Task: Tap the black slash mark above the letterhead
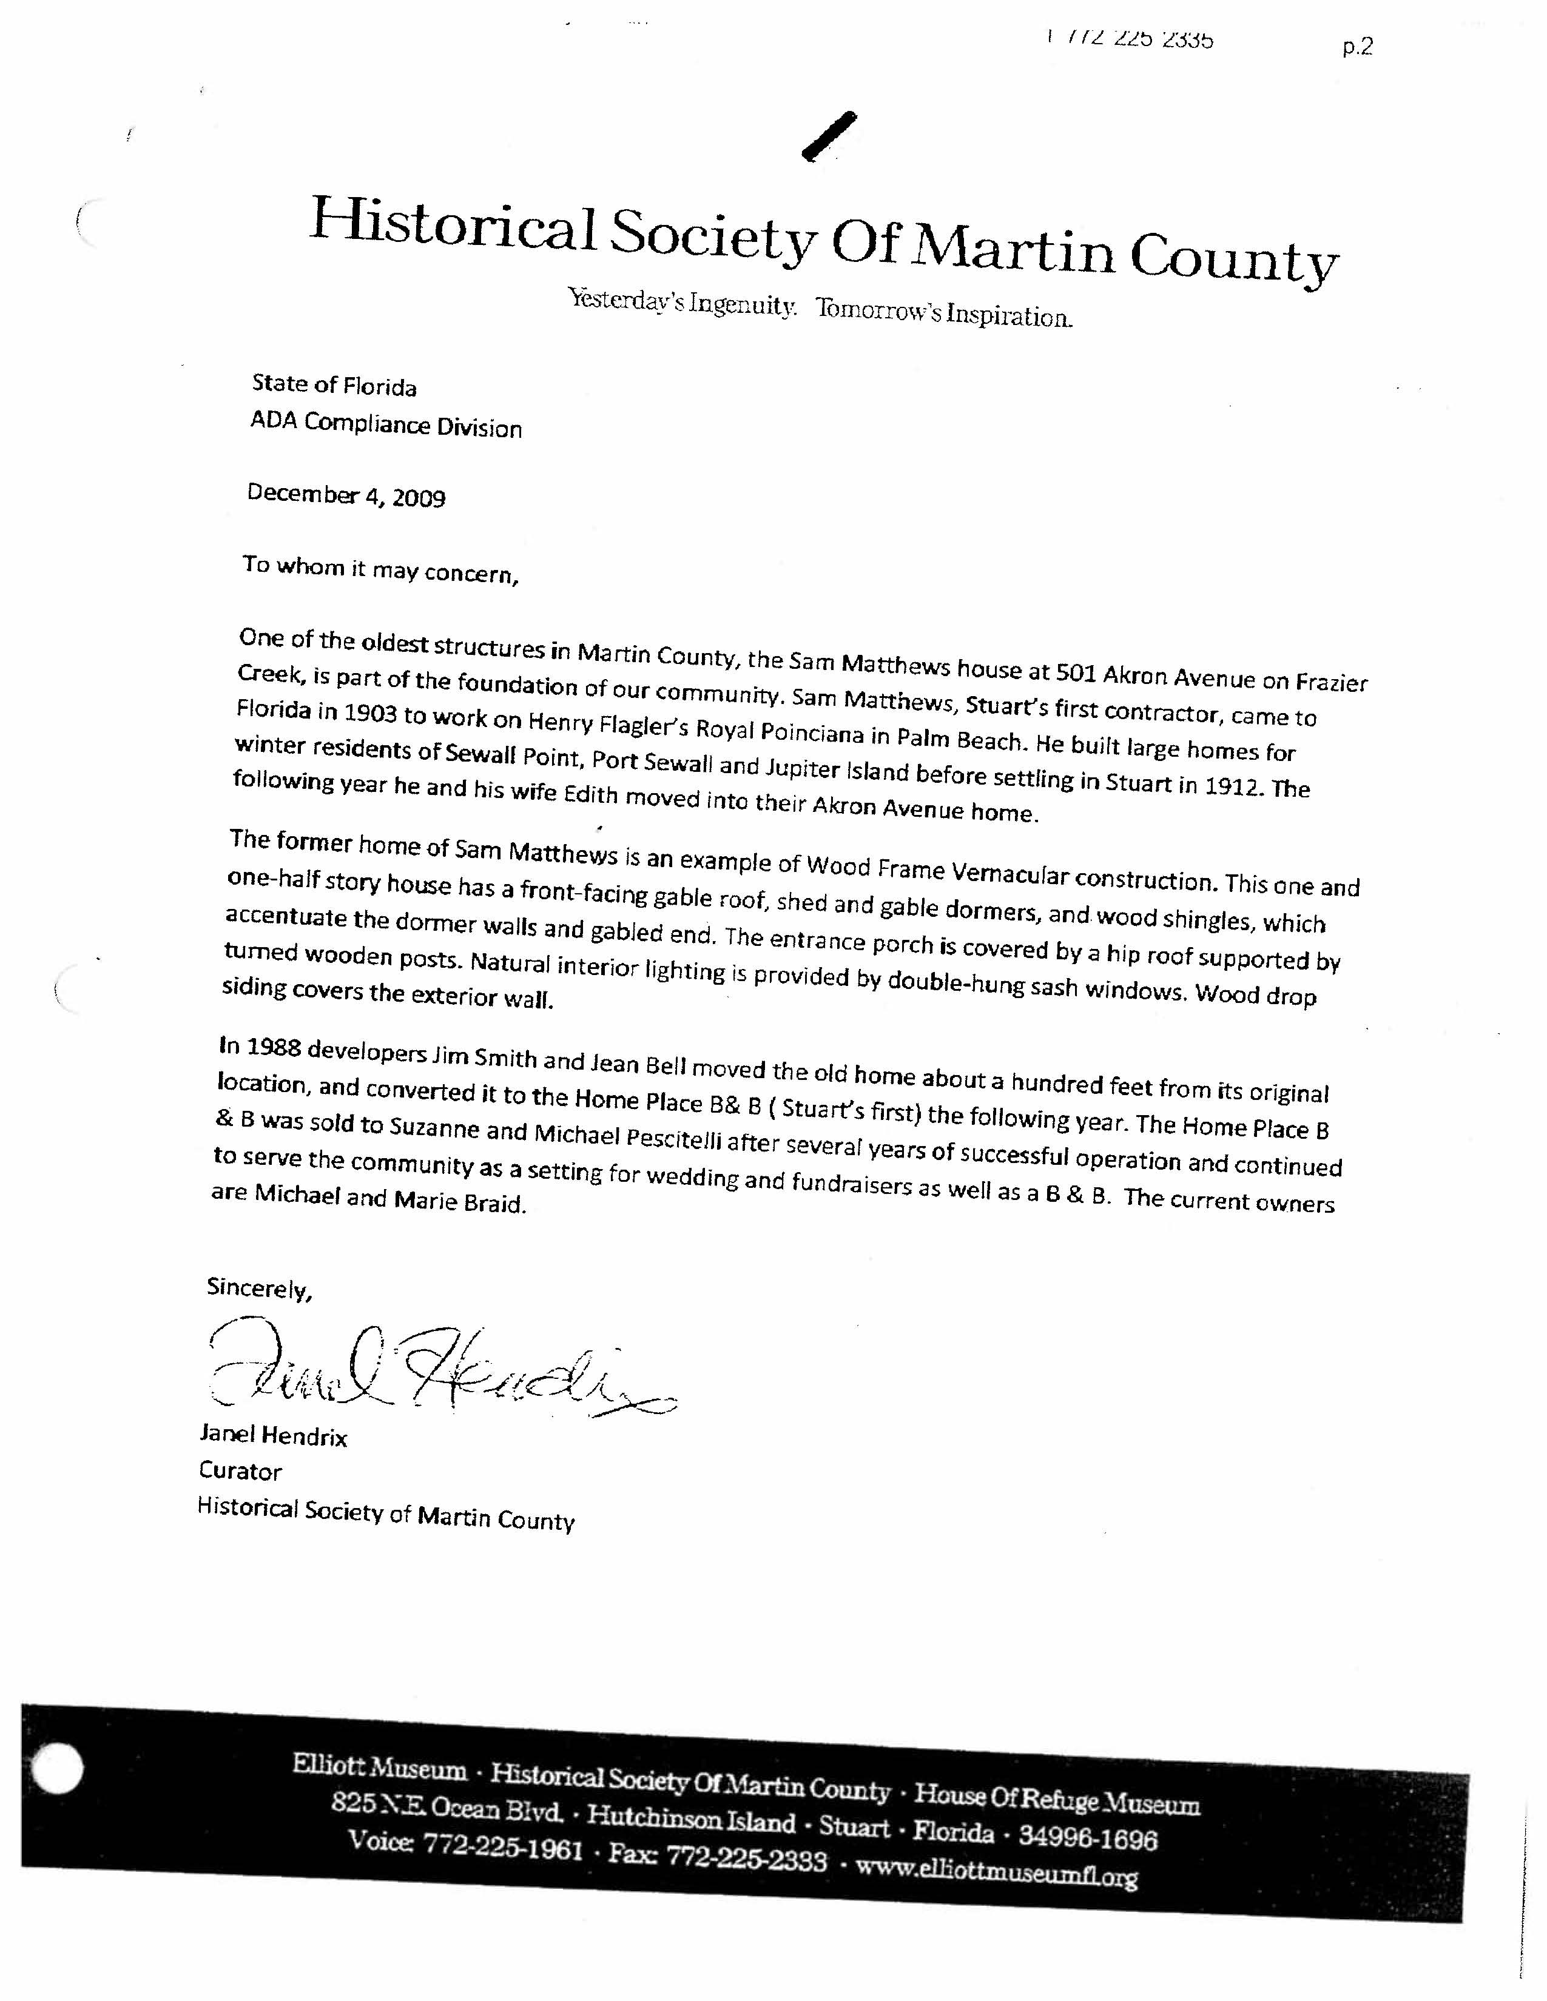(829, 138)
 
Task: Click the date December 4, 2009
(346, 495)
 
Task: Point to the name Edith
(591, 794)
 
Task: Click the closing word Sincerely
(260, 1288)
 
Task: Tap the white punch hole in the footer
(57, 1789)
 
